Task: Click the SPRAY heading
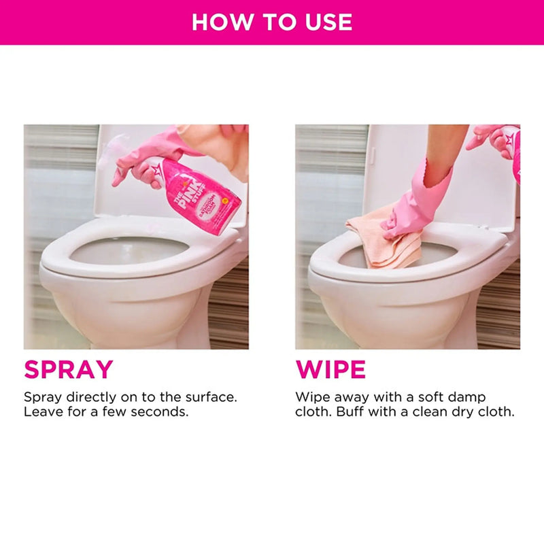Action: coord(68,369)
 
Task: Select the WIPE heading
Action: coord(330,369)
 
